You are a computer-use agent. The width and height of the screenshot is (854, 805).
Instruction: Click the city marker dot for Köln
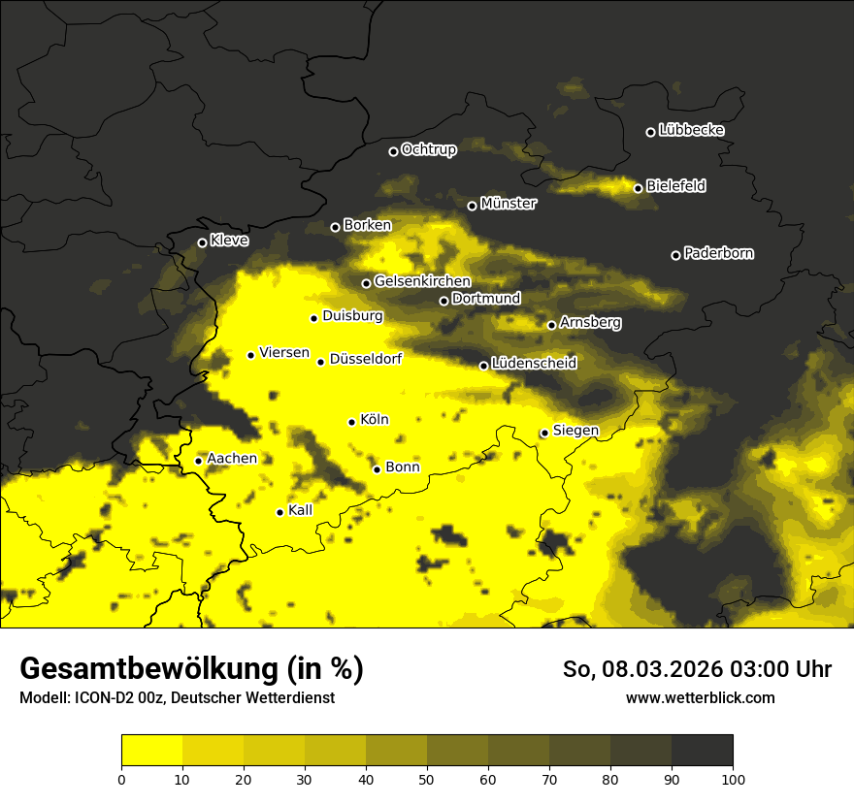pyautogui.click(x=351, y=422)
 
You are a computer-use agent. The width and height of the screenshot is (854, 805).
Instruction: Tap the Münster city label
pyautogui.click(x=508, y=204)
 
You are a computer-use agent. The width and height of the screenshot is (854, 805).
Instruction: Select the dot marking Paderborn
pyautogui.click(x=675, y=255)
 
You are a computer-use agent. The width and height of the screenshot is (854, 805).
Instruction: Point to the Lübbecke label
pyautogui.click(x=691, y=130)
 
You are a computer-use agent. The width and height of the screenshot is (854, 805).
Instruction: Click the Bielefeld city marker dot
pyautogui.click(x=638, y=188)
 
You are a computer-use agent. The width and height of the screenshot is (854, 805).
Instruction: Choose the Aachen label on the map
pyautogui.click(x=232, y=459)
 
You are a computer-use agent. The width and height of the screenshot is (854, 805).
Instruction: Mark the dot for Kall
pyautogui.click(x=279, y=512)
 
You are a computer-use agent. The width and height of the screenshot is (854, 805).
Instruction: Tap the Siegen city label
pyautogui.click(x=575, y=431)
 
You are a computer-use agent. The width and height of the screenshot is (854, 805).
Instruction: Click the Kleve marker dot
pyautogui.click(x=202, y=242)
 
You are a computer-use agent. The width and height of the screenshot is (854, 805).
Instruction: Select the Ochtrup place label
pyautogui.click(x=428, y=149)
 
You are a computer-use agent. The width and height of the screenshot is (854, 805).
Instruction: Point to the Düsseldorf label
pyautogui.click(x=365, y=360)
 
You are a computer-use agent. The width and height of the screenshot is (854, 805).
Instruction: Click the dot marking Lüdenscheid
pyautogui.click(x=483, y=366)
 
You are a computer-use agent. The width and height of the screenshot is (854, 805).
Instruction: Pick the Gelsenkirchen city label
pyautogui.click(x=422, y=281)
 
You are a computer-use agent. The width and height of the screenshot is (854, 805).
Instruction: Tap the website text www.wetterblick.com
pyautogui.click(x=700, y=697)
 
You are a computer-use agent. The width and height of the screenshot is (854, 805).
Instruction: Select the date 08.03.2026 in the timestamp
pyautogui.click(x=651, y=669)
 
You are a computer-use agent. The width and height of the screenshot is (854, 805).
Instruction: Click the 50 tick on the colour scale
pyautogui.click(x=427, y=778)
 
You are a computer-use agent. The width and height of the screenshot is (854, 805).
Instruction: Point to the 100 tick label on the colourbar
pyautogui.click(x=733, y=778)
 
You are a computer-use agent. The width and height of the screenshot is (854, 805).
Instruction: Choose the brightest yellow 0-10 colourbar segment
pyautogui.click(x=151, y=750)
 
